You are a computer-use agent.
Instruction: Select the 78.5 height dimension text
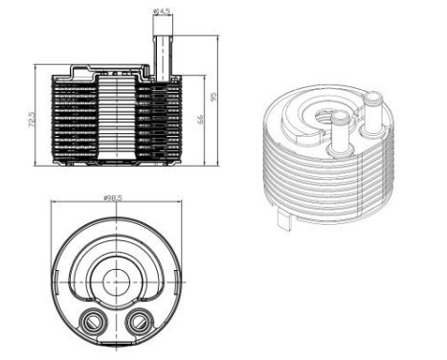32,123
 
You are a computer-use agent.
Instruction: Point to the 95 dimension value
214,98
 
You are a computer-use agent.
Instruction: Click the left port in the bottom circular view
93,320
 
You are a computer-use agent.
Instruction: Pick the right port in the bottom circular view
138,320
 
